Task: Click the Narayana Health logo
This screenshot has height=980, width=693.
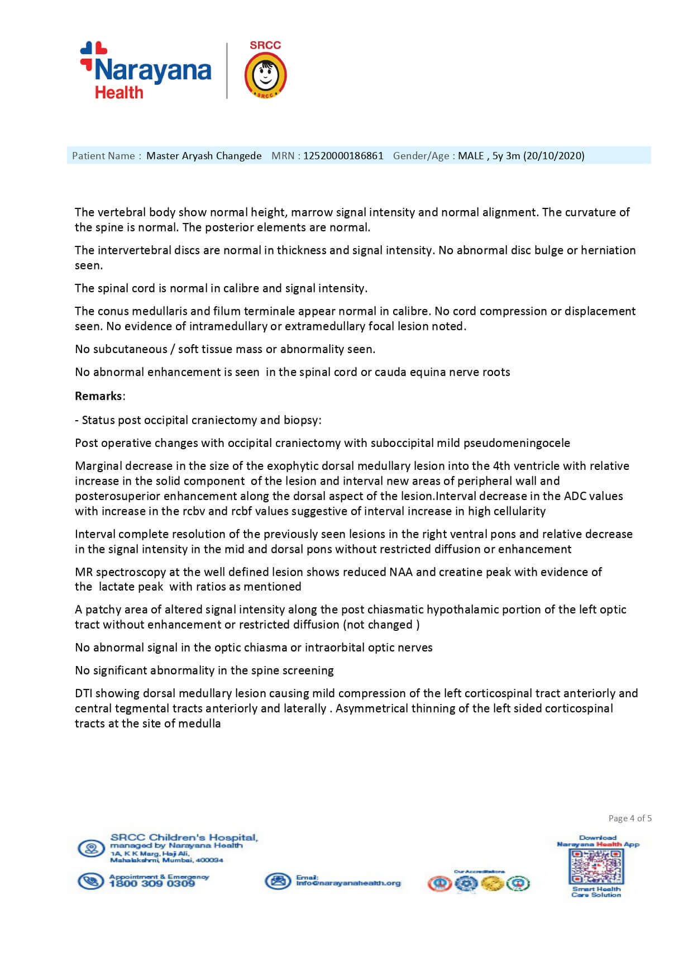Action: [x=146, y=71]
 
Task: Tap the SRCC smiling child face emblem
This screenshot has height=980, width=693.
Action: [x=266, y=76]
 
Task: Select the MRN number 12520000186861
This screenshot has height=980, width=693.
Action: [x=343, y=156]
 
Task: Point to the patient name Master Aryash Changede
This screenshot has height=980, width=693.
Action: [x=204, y=156]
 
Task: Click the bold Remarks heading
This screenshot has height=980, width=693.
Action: [x=98, y=396]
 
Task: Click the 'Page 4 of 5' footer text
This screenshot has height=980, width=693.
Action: [x=630, y=819]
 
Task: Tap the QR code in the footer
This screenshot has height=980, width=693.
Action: [x=596, y=867]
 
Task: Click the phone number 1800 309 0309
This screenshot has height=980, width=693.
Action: [x=152, y=884]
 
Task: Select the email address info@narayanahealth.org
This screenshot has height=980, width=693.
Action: [x=348, y=883]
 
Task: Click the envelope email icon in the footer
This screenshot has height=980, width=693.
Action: [x=276, y=881]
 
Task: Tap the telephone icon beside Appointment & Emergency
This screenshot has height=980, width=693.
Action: [x=90, y=881]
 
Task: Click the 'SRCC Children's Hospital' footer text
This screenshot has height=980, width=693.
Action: [x=184, y=838]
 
